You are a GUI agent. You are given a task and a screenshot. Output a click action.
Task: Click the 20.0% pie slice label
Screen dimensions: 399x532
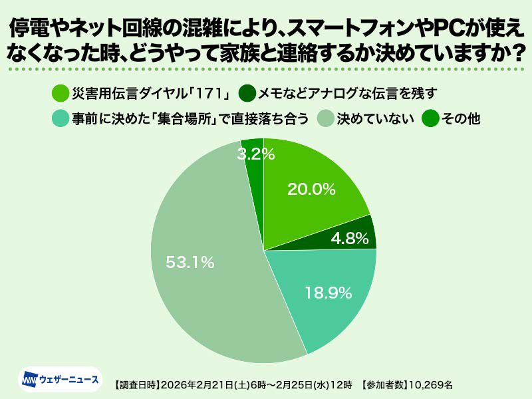(x=311, y=189)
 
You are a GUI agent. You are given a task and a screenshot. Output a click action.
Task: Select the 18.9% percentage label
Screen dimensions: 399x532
(x=328, y=293)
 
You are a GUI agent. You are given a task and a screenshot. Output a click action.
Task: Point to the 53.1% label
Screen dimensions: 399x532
(x=191, y=262)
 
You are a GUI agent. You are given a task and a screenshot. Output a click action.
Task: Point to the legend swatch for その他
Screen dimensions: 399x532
(x=431, y=118)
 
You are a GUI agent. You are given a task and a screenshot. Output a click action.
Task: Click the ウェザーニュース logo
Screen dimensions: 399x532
(x=61, y=380)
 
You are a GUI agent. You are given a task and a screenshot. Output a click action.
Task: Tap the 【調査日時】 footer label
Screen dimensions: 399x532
(x=136, y=384)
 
